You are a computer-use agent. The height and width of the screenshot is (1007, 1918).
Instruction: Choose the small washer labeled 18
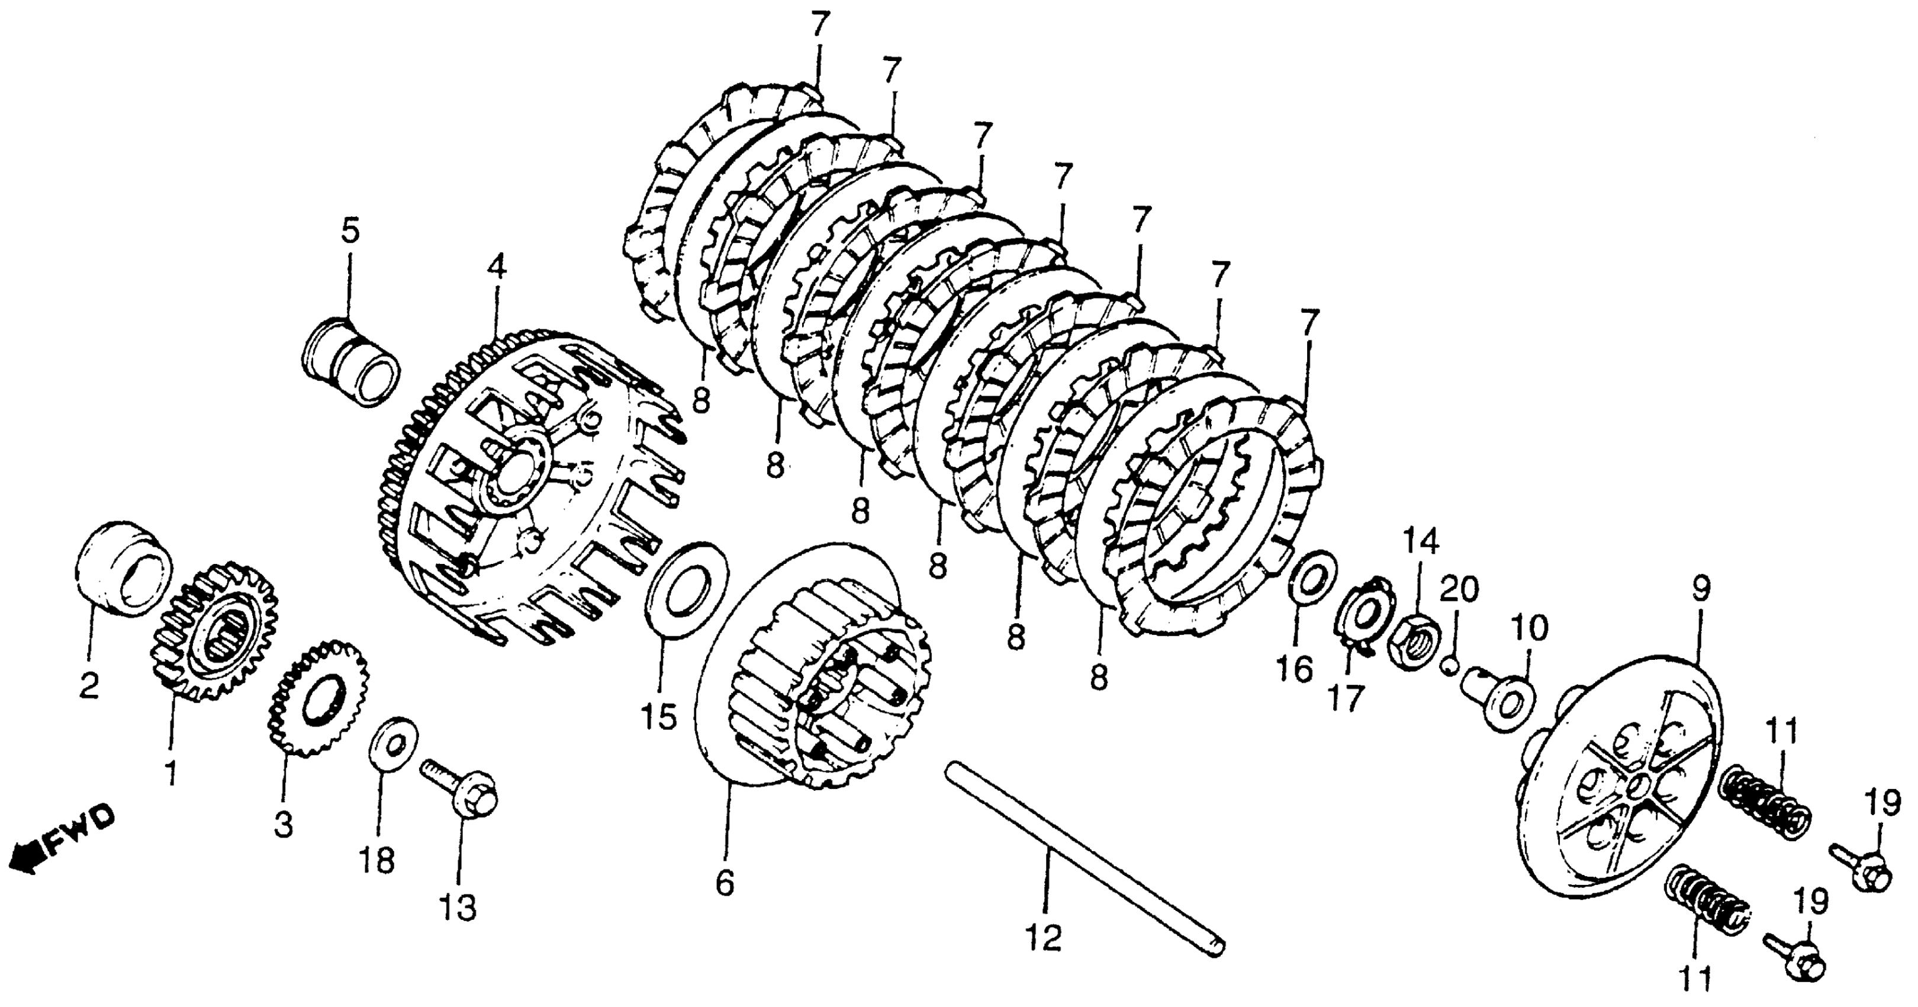click(394, 744)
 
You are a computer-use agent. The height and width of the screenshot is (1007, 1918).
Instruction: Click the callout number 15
click(659, 717)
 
